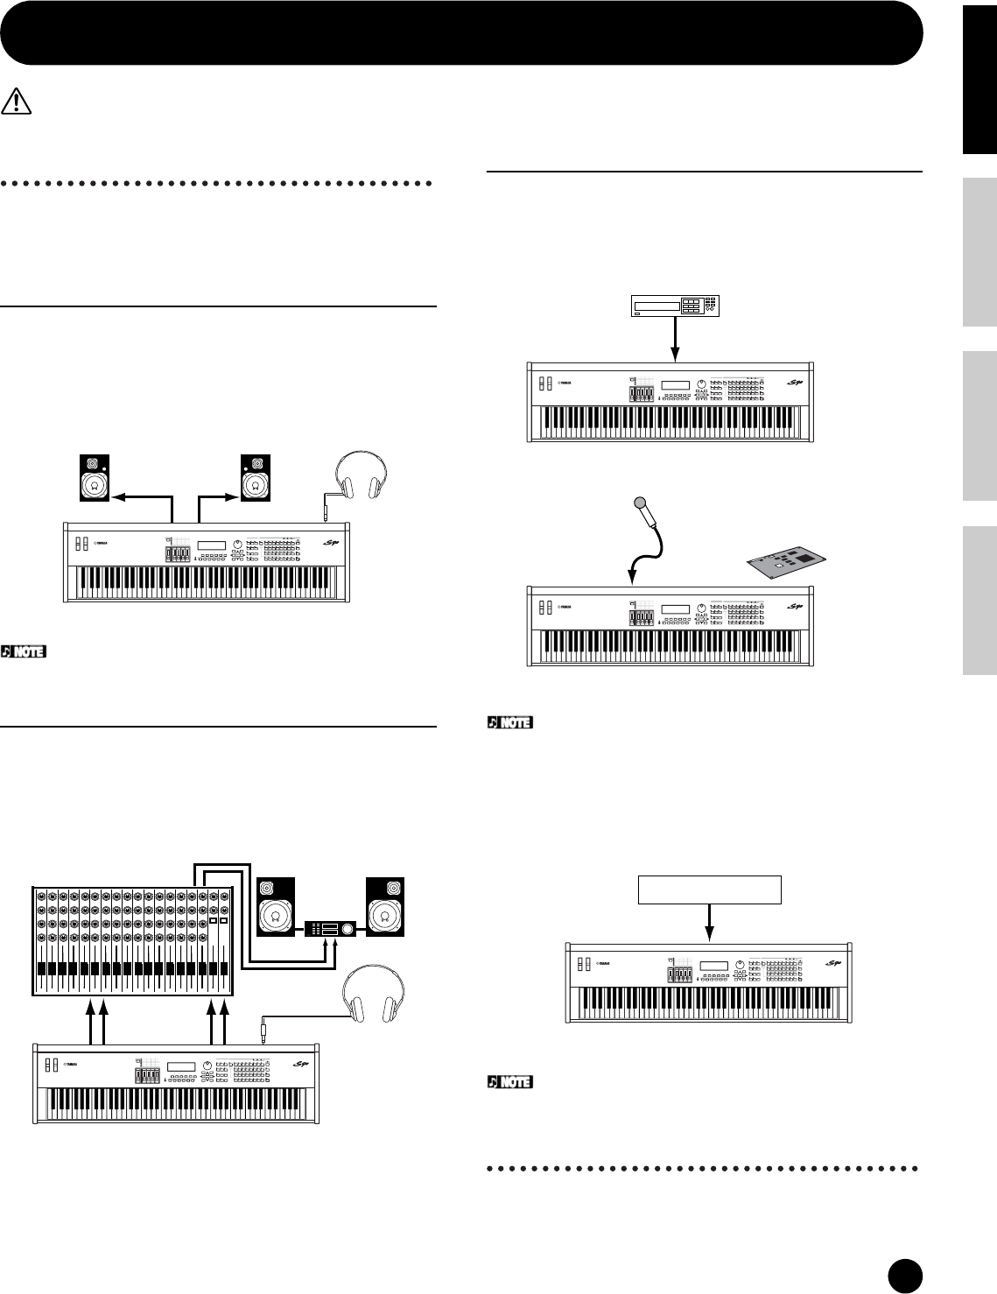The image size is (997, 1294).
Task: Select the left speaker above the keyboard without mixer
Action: tap(94, 478)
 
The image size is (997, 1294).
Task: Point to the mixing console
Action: tap(132, 941)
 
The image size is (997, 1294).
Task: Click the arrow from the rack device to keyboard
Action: tap(675, 338)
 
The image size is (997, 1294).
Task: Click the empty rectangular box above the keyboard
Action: tap(709, 889)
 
